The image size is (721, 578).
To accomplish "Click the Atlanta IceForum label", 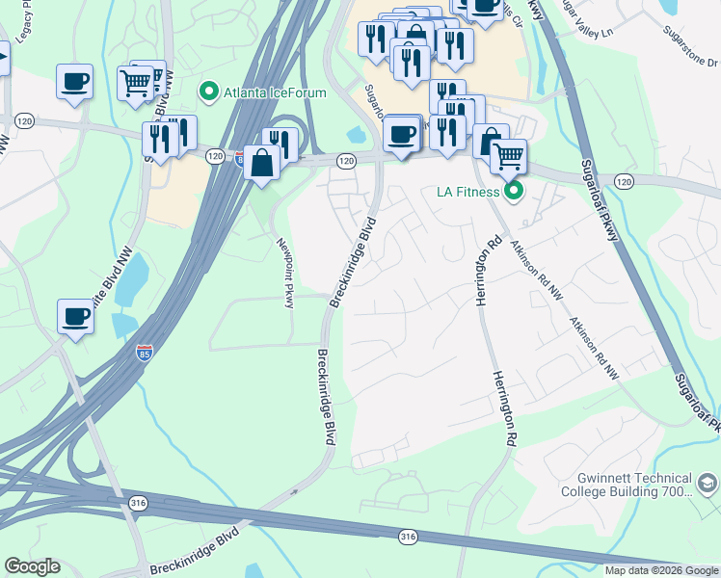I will [x=275, y=92].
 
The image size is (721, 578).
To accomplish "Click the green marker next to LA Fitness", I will [x=515, y=191].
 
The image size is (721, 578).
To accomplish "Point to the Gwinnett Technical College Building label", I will [x=633, y=485].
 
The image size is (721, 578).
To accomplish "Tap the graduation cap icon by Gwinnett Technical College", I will [x=708, y=483].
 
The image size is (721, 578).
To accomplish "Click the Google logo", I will [x=32, y=566].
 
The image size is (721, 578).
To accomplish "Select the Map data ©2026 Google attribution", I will [x=661, y=570].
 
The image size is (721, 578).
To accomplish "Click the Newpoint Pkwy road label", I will [x=283, y=273].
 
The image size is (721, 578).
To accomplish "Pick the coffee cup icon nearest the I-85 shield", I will [x=75, y=316].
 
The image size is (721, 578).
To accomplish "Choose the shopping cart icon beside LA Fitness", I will [x=508, y=155].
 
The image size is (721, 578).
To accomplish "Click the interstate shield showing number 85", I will [x=145, y=352].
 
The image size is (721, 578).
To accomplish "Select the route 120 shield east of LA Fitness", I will [x=624, y=181].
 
